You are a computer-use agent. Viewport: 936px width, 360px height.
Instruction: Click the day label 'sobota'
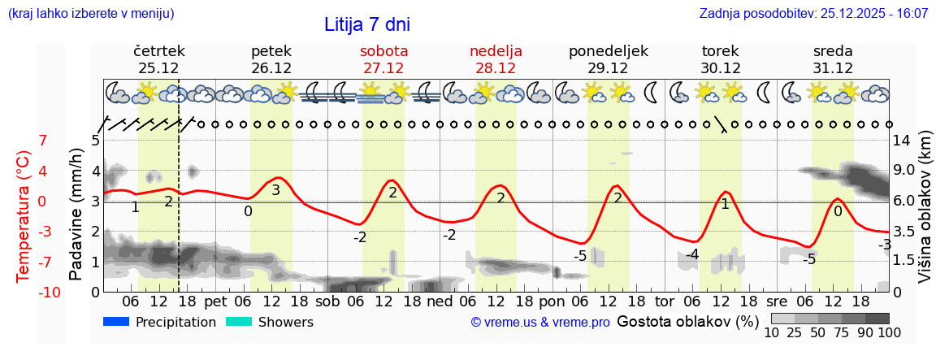coord(383,51)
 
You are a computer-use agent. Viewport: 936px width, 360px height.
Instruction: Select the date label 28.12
coord(496,68)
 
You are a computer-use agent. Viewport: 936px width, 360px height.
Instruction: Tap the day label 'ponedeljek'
coord(609,51)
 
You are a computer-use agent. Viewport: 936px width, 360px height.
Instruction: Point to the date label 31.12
coord(833,68)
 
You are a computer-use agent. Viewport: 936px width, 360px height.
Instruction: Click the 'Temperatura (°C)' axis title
coord(24,216)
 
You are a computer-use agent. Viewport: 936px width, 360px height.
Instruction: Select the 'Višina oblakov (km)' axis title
coord(925,210)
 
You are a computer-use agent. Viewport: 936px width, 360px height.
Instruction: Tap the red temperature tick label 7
coord(43,141)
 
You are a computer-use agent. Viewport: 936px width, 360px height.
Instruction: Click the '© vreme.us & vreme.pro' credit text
coord(540,323)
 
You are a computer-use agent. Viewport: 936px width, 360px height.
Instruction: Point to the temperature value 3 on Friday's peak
coord(275,190)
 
